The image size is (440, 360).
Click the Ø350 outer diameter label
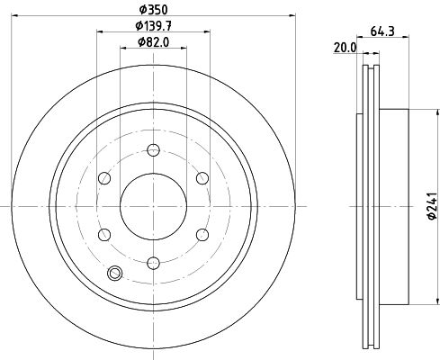tap(153, 10)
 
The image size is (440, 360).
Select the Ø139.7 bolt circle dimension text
tap(153, 26)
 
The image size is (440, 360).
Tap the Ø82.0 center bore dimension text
tap(153, 42)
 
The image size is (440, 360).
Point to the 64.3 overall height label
tap(382, 31)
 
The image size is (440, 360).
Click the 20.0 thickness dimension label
tap(345, 48)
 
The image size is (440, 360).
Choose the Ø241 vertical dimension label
tap(432, 206)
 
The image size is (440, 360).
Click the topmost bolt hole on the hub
tap(153, 149)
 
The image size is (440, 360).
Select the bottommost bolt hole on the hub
tap(153, 263)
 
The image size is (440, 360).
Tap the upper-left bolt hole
tap(104, 178)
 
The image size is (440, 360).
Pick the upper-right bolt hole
tap(202, 178)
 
